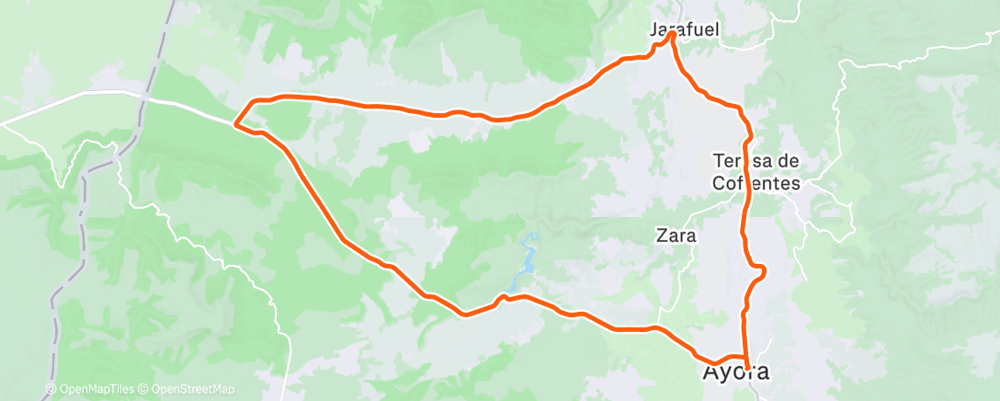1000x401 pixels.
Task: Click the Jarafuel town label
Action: (684, 29)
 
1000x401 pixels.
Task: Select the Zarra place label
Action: (676, 235)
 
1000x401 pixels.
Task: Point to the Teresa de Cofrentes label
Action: (756, 171)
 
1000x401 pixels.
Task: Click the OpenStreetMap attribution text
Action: (193, 390)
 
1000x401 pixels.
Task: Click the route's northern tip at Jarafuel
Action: (673, 34)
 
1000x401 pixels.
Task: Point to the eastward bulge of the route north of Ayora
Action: (761, 269)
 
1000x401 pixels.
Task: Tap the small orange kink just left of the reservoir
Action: (503, 297)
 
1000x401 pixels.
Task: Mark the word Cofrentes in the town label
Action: (756, 182)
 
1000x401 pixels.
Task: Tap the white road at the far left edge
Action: (9, 122)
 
